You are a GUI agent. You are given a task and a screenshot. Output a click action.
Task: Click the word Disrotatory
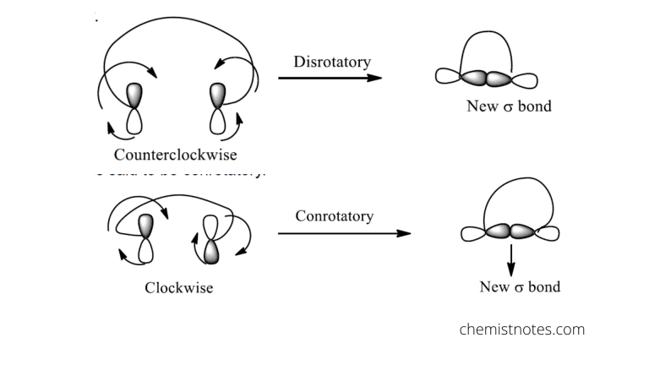[332, 62]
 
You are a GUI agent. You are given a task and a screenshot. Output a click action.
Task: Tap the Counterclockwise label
[176, 155]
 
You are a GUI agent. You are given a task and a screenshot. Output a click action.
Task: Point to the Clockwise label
[178, 287]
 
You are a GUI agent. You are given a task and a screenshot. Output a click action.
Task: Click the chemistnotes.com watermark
[521, 330]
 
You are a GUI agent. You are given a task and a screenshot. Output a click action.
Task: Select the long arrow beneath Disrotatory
[330, 78]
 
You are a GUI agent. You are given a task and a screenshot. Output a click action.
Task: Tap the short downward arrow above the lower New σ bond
[510, 259]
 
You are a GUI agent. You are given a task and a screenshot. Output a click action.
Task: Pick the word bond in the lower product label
[543, 286]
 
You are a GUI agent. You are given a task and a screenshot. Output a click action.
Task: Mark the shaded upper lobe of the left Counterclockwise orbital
[135, 95]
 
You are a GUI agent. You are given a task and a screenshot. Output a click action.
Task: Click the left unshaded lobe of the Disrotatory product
[448, 78]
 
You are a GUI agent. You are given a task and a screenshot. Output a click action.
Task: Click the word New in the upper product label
[482, 106]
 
